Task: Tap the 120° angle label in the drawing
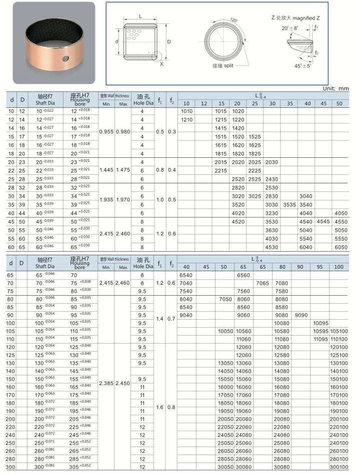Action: (233, 19)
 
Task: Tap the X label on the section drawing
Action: (161, 64)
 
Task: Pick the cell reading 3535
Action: (289, 204)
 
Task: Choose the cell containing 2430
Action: (271, 178)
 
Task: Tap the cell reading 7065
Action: (262, 283)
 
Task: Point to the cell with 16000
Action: (226, 387)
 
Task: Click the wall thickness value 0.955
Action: (107, 131)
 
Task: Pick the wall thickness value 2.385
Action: (107, 383)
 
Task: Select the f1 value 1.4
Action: (159, 319)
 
